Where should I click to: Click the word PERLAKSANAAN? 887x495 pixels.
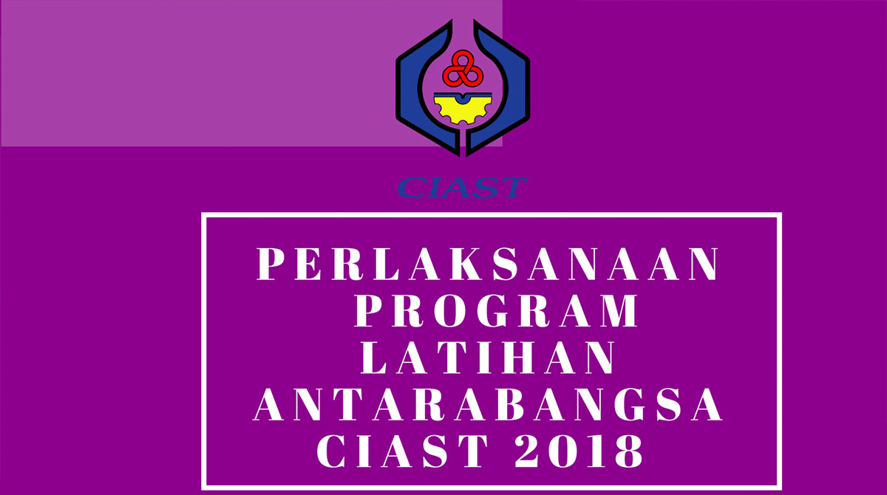[487, 264]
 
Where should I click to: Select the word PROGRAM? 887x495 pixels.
[496, 310]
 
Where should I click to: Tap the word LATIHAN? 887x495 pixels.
[487, 358]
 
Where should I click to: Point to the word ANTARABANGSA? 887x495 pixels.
[488, 404]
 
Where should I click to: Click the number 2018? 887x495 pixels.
[578, 451]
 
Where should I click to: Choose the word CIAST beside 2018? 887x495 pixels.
[402, 451]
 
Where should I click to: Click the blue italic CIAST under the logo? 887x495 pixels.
[462, 188]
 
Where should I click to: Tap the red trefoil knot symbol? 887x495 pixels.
[463, 69]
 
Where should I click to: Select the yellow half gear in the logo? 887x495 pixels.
[463, 108]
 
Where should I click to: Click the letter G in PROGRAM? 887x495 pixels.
[494, 310]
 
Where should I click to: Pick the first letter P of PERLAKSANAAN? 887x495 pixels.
[271, 264]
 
